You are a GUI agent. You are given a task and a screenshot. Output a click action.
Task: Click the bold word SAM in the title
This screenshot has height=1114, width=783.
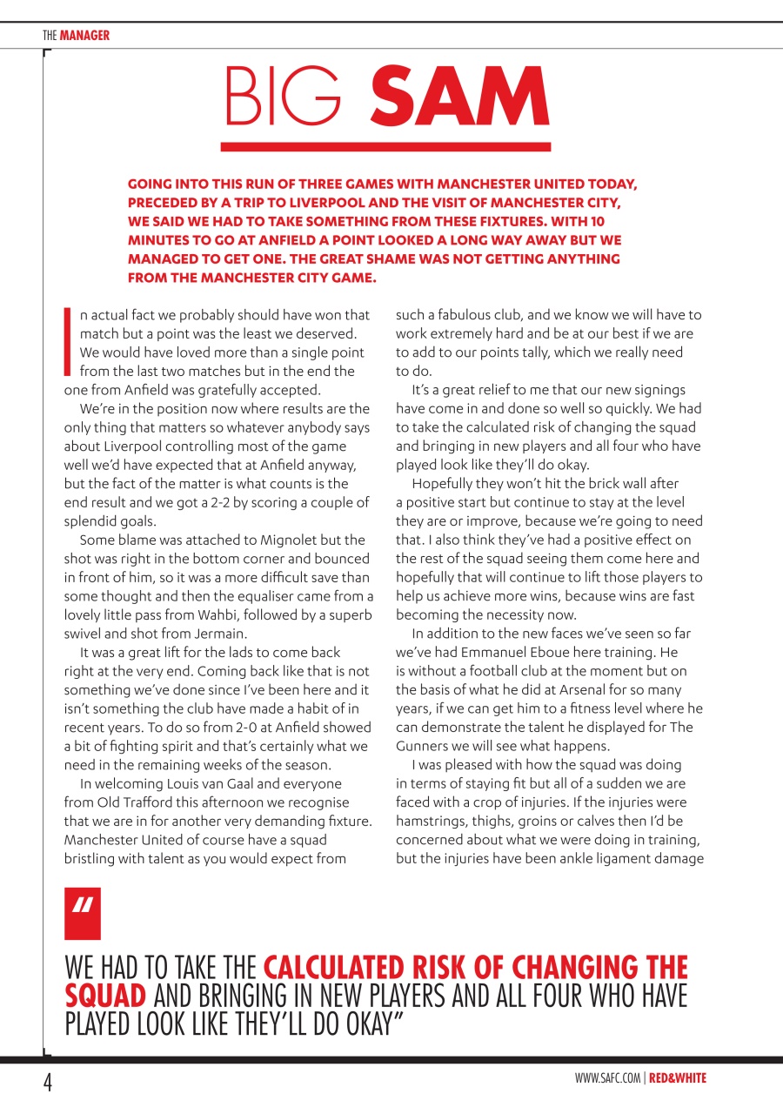pos(459,96)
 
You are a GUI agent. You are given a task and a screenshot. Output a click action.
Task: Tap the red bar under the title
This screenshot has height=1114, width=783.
pos(385,147)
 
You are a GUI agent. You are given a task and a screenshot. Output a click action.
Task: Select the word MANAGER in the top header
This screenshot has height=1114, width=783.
pos(84,36)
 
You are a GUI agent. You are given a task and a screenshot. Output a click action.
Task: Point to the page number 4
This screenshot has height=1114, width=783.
pos(49,1082)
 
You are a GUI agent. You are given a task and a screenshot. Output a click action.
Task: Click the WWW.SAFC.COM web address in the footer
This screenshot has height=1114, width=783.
pos(607,1078)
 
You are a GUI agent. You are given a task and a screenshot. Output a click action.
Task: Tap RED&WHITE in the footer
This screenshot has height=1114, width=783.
pos(678,1078)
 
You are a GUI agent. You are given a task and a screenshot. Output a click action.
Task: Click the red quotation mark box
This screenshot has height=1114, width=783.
pos(83,914)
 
